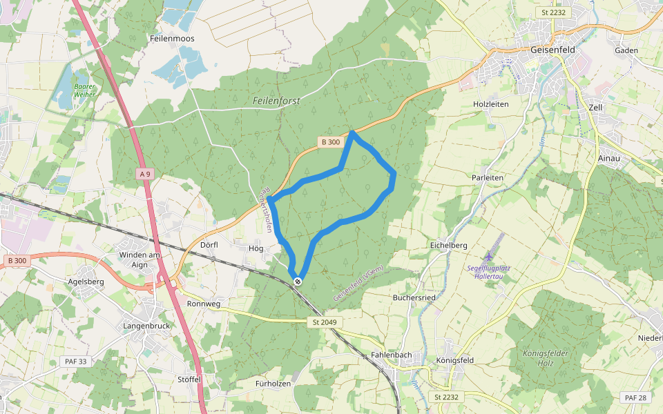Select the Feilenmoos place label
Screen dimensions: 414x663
172,39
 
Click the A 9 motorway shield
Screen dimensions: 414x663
144,174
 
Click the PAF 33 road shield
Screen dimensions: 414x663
76,361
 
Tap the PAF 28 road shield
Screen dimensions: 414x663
635,397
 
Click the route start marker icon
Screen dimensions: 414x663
298,281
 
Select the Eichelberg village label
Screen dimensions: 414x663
449,245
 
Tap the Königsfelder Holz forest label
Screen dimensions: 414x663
546,358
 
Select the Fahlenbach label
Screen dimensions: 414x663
392,355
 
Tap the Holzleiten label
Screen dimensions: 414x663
490,104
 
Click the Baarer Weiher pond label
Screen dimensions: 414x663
84,90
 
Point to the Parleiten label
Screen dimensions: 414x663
488,177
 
